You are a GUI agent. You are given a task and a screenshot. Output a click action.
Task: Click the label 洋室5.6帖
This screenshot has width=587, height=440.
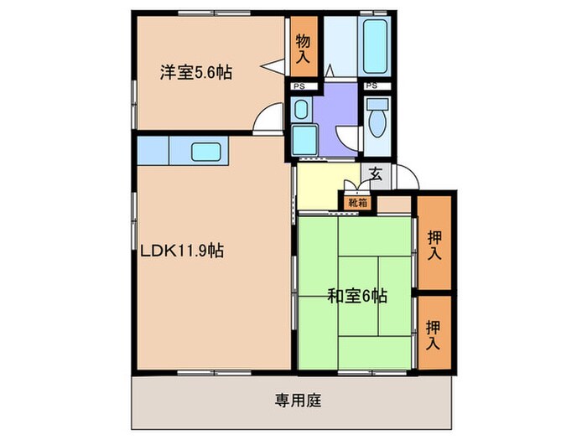tap(196, 72)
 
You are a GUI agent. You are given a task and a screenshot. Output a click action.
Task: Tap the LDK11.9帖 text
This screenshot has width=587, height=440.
tap(181, 251)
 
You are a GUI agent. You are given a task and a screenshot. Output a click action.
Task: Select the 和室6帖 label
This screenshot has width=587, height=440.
tap(356, 295)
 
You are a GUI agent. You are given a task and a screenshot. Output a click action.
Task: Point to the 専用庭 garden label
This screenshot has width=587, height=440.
tap(292, 399)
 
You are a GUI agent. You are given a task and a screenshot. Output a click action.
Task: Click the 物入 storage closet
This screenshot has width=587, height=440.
tap(303, 49)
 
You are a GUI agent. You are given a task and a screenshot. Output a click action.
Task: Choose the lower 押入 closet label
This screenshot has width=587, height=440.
tap(434, 334)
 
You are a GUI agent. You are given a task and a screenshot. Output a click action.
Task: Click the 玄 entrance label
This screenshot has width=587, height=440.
tap(377, 174)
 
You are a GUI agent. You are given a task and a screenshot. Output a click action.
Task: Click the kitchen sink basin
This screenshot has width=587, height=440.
tap(205, 152)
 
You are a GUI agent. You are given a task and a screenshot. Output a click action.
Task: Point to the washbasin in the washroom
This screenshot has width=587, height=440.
tap(301, 109)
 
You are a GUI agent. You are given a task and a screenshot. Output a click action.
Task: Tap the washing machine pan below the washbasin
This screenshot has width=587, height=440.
tap(303, 139)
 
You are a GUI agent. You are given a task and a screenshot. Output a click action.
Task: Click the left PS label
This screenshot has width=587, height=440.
tap(299, 85)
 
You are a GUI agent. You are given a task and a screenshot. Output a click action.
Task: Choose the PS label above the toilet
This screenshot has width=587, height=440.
tap(372, 85)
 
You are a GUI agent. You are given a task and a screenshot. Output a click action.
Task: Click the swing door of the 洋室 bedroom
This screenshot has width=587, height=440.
tap(268, 119)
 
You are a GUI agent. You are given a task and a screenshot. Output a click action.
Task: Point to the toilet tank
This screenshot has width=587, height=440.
tap(378, 104)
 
